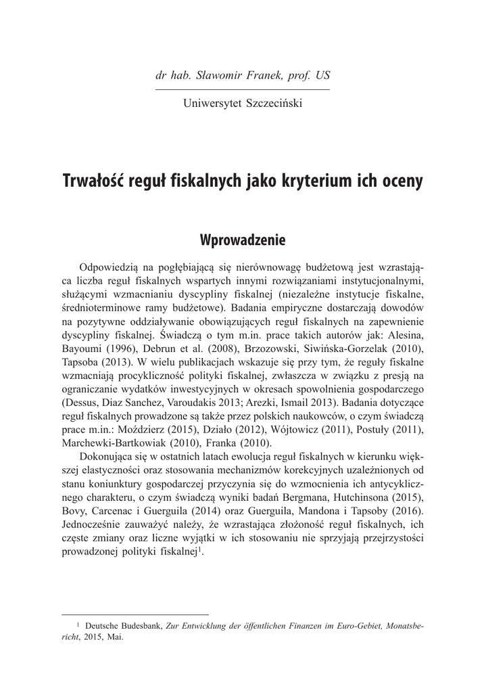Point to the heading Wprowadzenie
[x=243, y=240]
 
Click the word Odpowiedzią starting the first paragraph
[x=112, y=266]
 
